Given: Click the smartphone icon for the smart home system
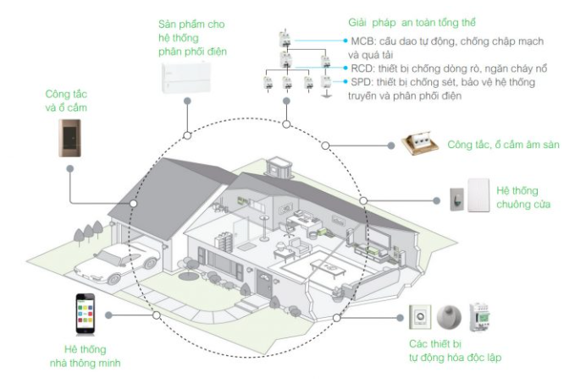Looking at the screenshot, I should coord(84,314).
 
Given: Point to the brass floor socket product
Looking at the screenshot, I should coord(421,145).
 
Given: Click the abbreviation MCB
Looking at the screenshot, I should coord(362,41).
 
